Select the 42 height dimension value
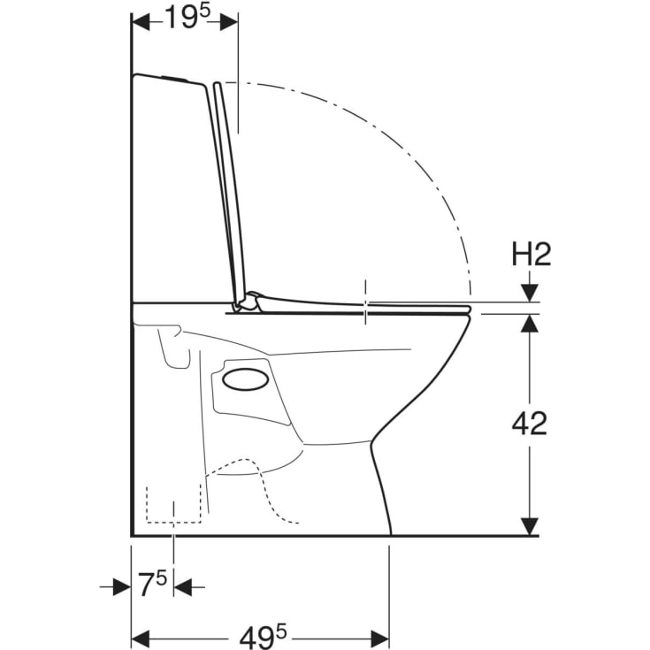coord(530,424)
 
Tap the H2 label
coord(531,255)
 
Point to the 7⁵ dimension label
coord(152,584)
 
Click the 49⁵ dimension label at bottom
coord(263,637)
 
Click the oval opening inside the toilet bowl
coord(246,379)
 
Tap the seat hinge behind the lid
coord(247,302)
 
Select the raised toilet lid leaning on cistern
coord(230,193)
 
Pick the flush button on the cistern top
coord(174,78)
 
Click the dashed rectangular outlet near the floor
coord(173,503)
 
